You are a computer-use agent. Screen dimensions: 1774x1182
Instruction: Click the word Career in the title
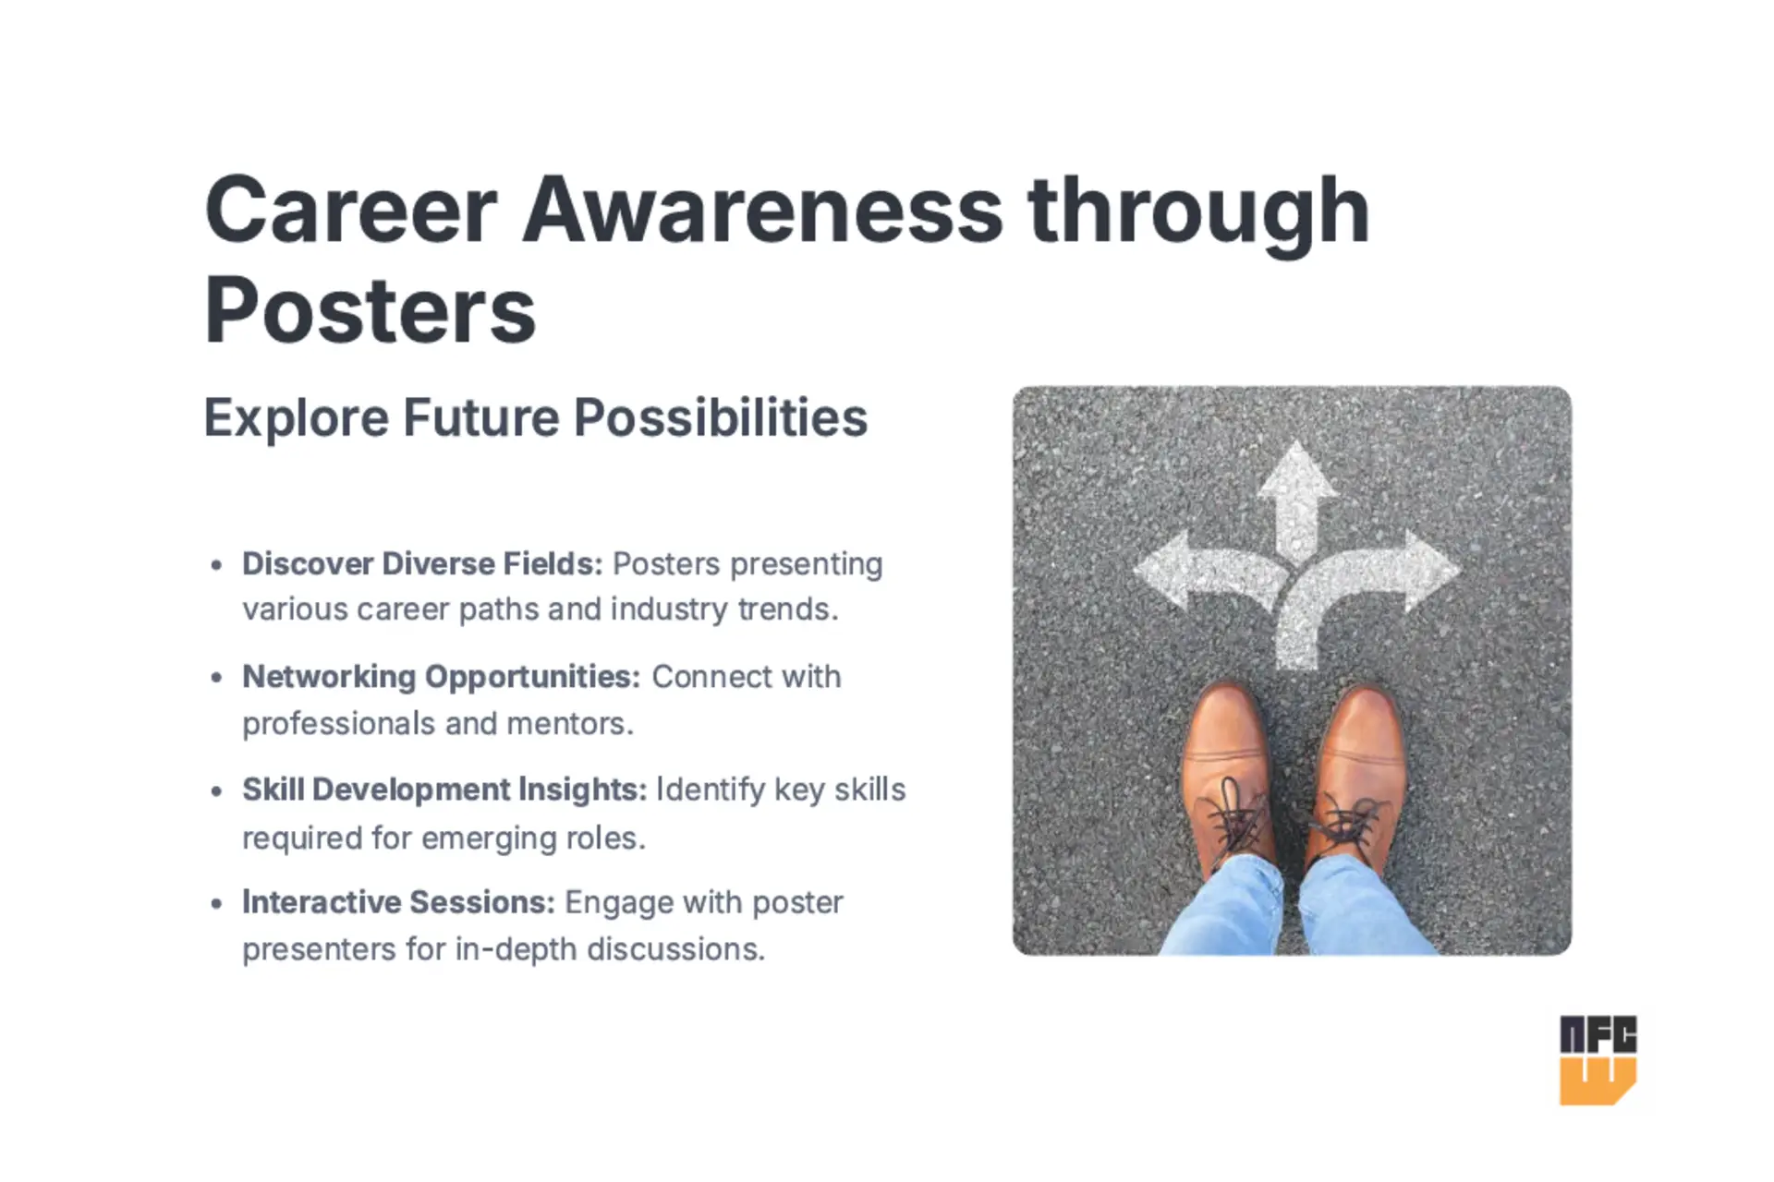tap(351, 210)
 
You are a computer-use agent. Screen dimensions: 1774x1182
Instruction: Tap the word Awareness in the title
tap(762, 210)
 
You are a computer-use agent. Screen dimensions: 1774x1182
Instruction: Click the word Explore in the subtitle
tap(296, 418)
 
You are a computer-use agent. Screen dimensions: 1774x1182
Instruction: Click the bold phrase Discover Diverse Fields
tap(422, 563)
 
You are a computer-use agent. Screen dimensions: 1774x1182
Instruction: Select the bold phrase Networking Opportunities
tap(441, 677)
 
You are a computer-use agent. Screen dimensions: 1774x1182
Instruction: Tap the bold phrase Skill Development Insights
tap(444, 790)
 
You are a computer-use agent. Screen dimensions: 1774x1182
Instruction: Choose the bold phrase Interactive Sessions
tap(398, 902)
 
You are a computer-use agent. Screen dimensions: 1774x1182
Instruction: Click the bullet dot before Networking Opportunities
tap(216, 678)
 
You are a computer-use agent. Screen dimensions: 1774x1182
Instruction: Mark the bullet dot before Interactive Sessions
tap(216, 903)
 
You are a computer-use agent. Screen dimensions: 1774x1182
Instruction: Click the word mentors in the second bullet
tap(570, 724)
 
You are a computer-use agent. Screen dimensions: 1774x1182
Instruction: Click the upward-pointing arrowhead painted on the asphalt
tap(1298, 471)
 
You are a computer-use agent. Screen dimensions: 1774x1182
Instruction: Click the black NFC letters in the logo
tap(1598, 1035)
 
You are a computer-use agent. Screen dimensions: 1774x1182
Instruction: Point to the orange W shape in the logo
tap(1598, 1081)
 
